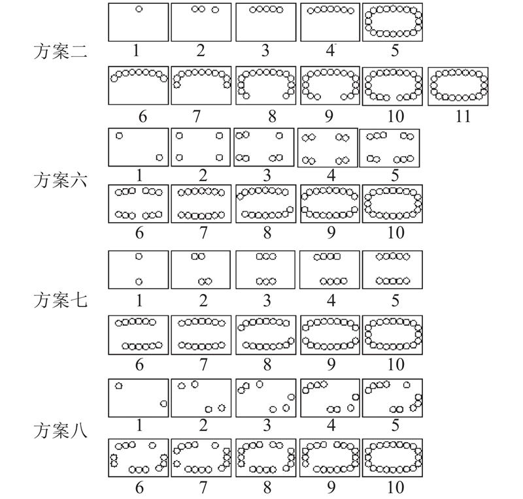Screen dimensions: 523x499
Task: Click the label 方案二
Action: (x=60, y=52)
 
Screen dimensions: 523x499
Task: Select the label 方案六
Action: (x=60, y=180)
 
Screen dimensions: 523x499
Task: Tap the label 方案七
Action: (x=60, y=300)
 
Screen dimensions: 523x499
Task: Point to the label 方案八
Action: (x=60, y=430)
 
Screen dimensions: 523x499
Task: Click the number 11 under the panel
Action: (x=463, y=116)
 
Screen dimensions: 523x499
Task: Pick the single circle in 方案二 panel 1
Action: (x=139, y=9)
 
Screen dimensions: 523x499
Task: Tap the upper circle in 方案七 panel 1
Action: (x=139, y=256)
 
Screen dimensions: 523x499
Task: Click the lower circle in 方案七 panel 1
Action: (x=139, y=282)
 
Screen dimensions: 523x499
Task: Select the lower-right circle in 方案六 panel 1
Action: (x=160, y=157)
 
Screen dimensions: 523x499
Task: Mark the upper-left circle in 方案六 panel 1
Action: (x=119, y=136)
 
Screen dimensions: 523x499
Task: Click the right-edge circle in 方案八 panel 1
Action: (x=163, y=404)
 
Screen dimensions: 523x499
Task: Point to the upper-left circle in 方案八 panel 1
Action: (x=118, y=385)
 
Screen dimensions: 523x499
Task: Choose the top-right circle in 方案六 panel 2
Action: (x=219, y=136)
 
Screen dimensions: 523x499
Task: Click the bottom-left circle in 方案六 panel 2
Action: (x=179, y=157)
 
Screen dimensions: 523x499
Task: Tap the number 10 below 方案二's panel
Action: (x=396, y=116)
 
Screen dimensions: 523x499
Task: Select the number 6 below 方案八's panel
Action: (x=139, y=487)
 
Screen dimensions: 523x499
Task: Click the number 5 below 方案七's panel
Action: (x=395, y=300)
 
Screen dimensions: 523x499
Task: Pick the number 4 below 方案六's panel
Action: (x=331, y=175)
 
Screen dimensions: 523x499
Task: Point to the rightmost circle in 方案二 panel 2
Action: (x=216, y=10)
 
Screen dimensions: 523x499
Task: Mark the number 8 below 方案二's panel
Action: (x=272, y=116)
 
